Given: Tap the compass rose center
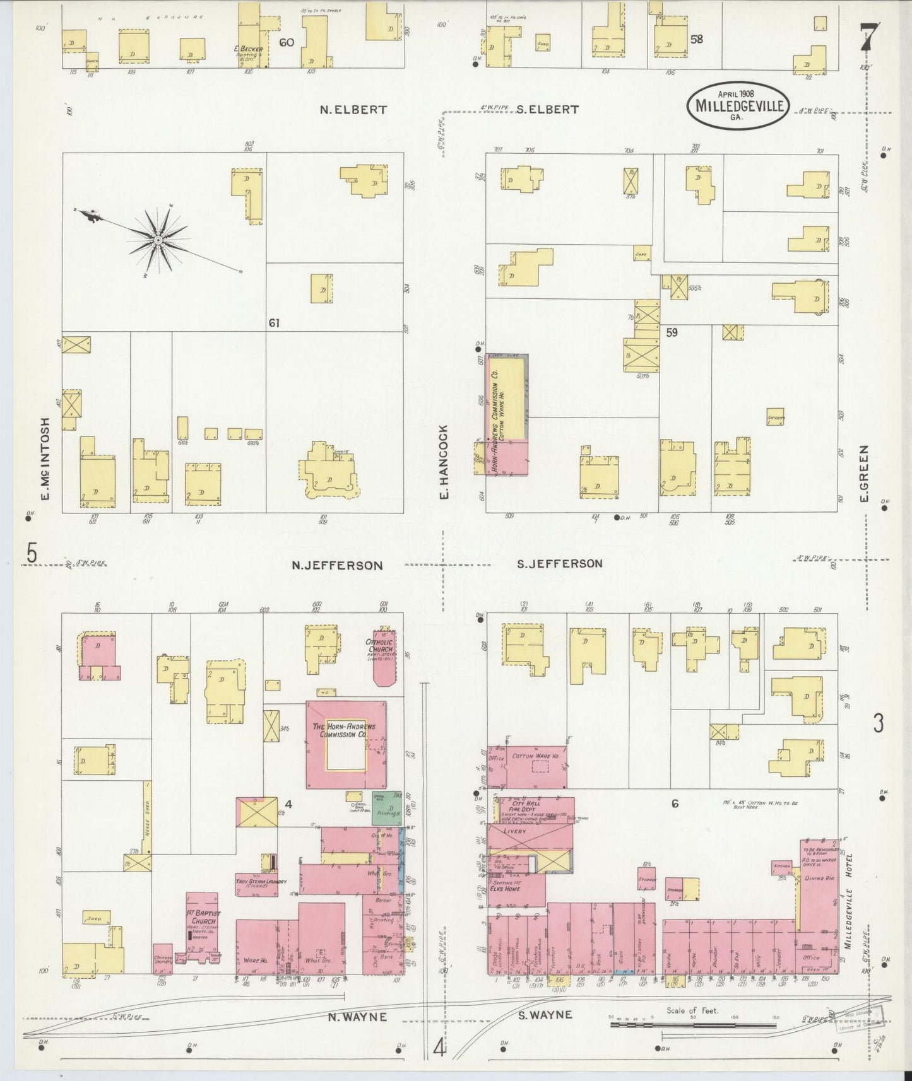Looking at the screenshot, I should pyautogui.click(x=157, y=240).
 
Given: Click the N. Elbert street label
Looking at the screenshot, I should pyautogui.click(x=353, y=109).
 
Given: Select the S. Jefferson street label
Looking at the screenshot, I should pyautogui.click(x=559, y=563).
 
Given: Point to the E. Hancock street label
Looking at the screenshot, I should pyautogui.click(x=444, y=463).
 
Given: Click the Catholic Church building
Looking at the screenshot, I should pyautogui.click(x=382, y=656).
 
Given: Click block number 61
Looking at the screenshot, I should pyautogui.click(x=273, y=323).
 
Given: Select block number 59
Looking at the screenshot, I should pyautogui.click(x=672, y=332).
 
